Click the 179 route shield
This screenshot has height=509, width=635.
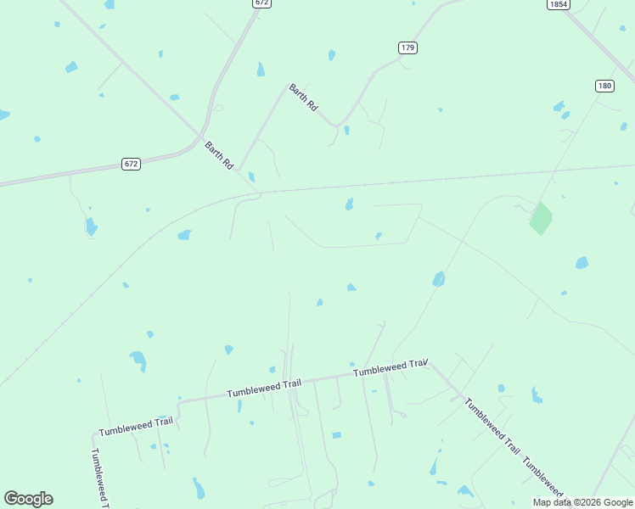[407, 48]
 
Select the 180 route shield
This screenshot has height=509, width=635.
[604, 86]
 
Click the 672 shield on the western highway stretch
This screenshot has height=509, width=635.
[130, 164]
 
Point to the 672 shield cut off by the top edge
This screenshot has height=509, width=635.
[261, 3]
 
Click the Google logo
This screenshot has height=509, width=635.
[28, 499]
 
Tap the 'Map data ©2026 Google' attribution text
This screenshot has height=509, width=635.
[583, 502]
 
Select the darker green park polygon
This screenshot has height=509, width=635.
[540, 219]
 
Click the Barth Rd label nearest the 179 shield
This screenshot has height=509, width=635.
[303, 98]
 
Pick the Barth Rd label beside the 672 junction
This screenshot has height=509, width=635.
[219, 155]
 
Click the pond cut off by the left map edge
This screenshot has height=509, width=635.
[3, 115]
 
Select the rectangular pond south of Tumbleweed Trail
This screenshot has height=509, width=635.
[336, 435]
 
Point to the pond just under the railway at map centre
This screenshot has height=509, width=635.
[349, 204]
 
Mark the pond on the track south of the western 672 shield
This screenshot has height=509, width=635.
[91, 227]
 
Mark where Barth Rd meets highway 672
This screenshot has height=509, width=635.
[202, 138]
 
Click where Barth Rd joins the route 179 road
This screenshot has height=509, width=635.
[337, 126]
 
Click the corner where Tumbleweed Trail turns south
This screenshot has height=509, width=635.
[93, 433]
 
